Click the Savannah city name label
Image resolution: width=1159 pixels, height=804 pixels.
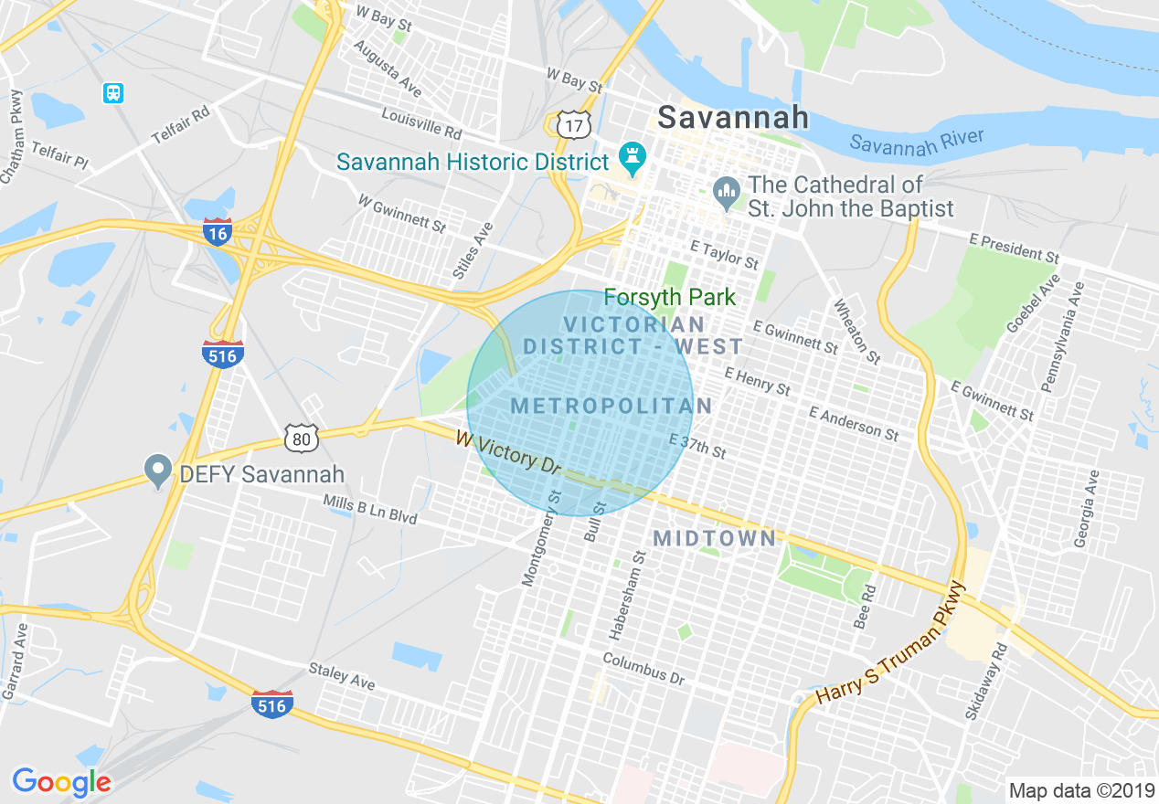point(733,117)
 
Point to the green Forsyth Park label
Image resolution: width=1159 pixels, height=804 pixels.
point(670,298)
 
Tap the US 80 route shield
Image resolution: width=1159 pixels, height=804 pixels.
point(301,439)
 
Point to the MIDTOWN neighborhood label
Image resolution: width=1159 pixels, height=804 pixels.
point(715,538)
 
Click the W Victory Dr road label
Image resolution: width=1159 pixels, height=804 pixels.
point(508,452)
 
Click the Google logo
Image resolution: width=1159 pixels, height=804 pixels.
point(61,782)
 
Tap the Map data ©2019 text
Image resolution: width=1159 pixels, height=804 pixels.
point(1080,789)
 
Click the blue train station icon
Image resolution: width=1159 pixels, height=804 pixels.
point(113,92)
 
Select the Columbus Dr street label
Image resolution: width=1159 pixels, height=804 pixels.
point(643,669)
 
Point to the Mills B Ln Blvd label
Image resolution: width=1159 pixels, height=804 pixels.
point(369,510)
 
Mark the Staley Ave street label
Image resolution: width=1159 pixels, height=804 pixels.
point(342,676)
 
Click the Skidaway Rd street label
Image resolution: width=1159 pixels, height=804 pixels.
point(985,680)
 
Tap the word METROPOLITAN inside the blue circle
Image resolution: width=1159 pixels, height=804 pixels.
point(611,406)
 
